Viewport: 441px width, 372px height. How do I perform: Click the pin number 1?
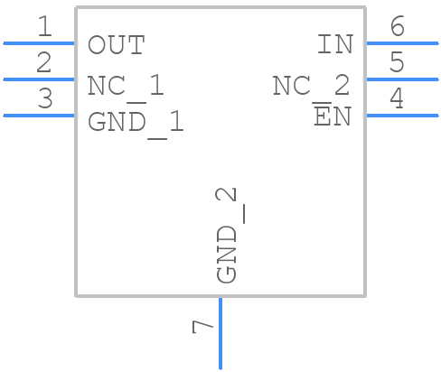point(44,27)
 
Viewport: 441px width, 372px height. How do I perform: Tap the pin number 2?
point(44,63)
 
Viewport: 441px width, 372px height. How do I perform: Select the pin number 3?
point(44,99)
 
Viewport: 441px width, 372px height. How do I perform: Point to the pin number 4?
point(396,99)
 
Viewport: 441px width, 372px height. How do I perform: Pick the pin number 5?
point(396,63)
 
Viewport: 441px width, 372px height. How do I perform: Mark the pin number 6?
point(396,27)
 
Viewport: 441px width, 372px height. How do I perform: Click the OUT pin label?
point(116,45)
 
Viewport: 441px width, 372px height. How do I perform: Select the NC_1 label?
point(126,86)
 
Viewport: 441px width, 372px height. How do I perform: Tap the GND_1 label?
point(136,122)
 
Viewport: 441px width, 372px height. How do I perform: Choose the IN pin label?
point(333,45)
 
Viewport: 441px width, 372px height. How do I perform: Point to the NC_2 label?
point(312,86)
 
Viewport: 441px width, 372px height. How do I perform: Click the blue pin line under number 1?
point(39,42)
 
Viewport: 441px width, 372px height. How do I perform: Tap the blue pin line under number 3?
point(39,115)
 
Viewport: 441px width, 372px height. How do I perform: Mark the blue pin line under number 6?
point(401,42)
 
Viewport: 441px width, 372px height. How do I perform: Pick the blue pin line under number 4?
point(401,115)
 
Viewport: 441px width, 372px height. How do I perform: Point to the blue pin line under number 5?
point(401,79)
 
